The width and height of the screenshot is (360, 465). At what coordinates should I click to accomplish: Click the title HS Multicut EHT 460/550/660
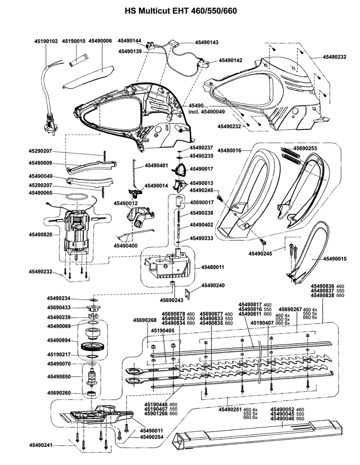click(180, 9)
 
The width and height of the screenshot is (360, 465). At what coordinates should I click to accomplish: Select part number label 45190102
click(46, 41)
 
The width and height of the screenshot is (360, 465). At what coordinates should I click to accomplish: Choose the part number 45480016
click(229, 150)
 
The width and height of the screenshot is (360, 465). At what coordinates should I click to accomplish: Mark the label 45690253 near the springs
click(305, 148)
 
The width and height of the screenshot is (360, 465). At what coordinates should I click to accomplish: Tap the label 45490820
click(40, 235)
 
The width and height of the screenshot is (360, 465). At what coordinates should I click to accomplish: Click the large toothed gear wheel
click(94, 348)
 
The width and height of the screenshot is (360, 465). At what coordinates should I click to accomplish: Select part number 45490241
click(40, 445)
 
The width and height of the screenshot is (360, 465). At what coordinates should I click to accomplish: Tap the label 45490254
click(151, 437)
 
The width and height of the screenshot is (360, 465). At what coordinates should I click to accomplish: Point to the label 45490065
click(40, 193)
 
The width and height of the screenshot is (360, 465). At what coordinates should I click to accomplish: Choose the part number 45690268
click(145, 321)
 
